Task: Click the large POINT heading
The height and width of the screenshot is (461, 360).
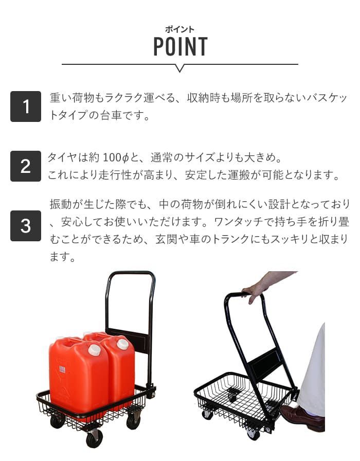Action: [180, 47]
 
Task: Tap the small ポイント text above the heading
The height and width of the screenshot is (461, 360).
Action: [180, 29]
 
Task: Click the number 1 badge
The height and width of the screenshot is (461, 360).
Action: [25, 107]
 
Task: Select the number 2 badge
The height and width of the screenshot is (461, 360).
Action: [25, 166]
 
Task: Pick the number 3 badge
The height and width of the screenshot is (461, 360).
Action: [25, 226]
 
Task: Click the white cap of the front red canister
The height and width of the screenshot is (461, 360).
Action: [94, 350]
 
